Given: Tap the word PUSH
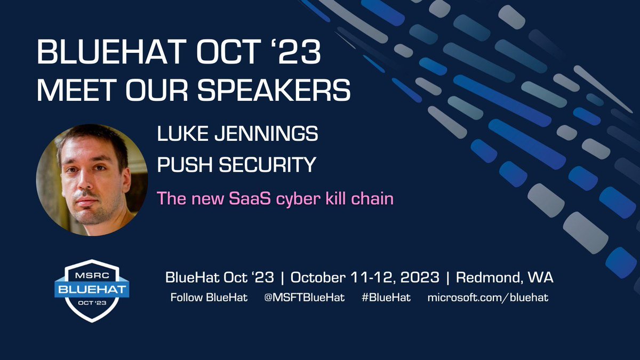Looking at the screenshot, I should pyautogui.click(x=181, y=165).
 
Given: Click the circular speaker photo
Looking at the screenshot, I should pyautogui.click(x=91, y=180).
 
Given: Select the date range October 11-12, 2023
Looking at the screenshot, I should pyautogui.click(x=365, y=278).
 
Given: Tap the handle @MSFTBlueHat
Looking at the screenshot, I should pyautogui.click(x=304, y=298).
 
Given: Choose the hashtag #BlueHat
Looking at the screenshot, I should pyautogui.click(x=386, y=298).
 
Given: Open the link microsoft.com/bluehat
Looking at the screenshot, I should pyautogui.click(x=487, y=298).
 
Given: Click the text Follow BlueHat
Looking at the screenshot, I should pyautogui.click(x=209, y=298).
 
